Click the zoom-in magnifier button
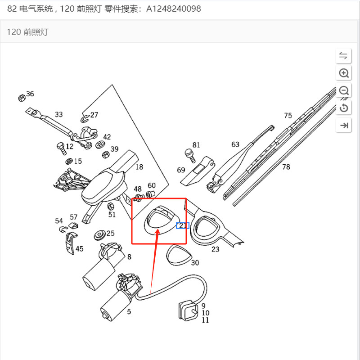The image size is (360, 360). tap(344, 73)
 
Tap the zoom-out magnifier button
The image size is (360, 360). tap(344, 90)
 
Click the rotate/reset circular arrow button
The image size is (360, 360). tap(344, 108)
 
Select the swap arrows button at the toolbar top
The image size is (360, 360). tap(344, 56)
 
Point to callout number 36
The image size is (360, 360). tap(30, 94)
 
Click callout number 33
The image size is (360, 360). tap(59, 114)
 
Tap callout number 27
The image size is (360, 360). tap(94, 115)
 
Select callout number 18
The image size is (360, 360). tap(139, 167)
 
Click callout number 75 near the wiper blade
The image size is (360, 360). tap(288, 116)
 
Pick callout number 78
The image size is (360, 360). tap(286, 167)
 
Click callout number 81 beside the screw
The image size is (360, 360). tap(196, 145)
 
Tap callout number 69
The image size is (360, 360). tap(181, 170)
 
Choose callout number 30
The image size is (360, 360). tap(195, 262)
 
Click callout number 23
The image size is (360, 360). tap(216, 249)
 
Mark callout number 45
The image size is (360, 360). tap(79, 248)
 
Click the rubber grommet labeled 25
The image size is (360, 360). tap(98, 235)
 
